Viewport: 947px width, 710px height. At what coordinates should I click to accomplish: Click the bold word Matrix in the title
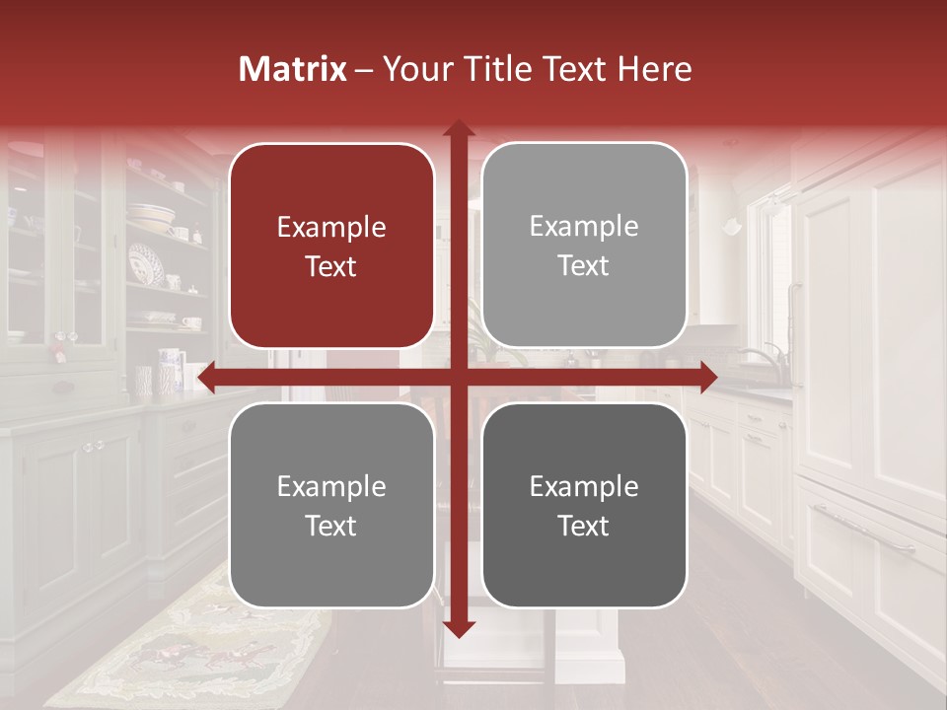click(x=292, y=69)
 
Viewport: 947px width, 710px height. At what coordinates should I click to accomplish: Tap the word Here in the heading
click(x=654, y=69)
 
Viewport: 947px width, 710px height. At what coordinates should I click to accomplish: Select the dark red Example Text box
click(x=331, y=246)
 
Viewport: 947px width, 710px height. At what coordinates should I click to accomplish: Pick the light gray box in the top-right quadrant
click(x=584, y=246)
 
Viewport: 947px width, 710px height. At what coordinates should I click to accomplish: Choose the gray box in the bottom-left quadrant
click(x=331, y=505)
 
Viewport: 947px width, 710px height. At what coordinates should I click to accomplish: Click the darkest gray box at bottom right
click(x=584, y=505)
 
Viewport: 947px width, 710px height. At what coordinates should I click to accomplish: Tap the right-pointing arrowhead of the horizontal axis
click(x=706, y=377)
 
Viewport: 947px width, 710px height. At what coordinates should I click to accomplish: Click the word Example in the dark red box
click(x=331, y=227)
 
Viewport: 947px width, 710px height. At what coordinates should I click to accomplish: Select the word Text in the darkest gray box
click(x=584, y=526)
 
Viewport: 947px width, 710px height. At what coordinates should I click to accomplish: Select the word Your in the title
click(x=415, y=69)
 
